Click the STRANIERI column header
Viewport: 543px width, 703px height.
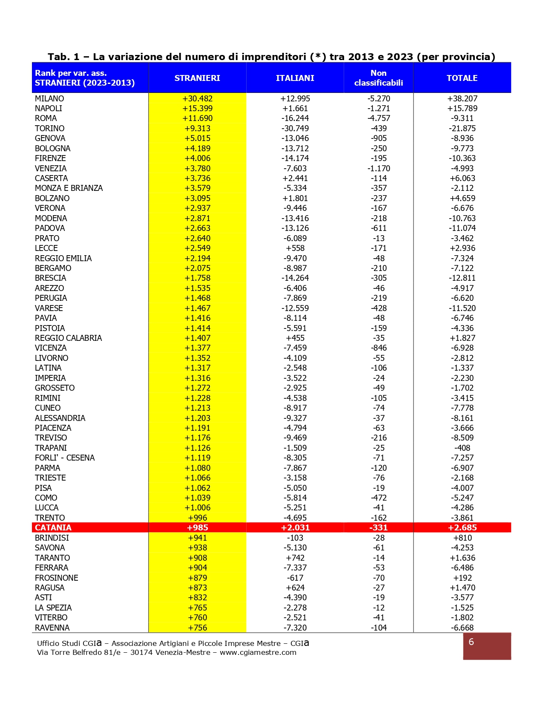(197, 78)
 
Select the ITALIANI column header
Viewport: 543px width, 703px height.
(295, 78)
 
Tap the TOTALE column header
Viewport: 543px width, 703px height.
(462, 78)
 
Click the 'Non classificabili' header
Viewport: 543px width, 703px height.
(378, 78)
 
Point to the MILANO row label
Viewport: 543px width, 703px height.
(49, 98)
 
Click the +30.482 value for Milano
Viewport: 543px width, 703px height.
(197, 98)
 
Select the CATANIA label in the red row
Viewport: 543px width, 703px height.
(53, 527)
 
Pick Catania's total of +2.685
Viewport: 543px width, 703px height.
(462, 527)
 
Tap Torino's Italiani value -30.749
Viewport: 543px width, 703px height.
(295, 128)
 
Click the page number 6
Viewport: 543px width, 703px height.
(471, 642)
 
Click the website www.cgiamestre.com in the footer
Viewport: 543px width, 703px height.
(258, 652)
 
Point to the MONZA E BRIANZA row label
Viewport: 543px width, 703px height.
(69, 188)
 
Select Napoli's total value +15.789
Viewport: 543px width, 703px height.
(462, 108)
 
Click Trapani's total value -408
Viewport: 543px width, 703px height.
(462, 448)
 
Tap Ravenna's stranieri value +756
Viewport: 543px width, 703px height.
(197, 628)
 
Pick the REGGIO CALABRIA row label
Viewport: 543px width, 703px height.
(68, 338)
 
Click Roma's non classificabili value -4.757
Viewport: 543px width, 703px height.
(378, 118)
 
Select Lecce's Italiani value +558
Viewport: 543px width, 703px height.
(295, 248)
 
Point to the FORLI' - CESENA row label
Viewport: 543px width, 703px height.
(65, 458)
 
